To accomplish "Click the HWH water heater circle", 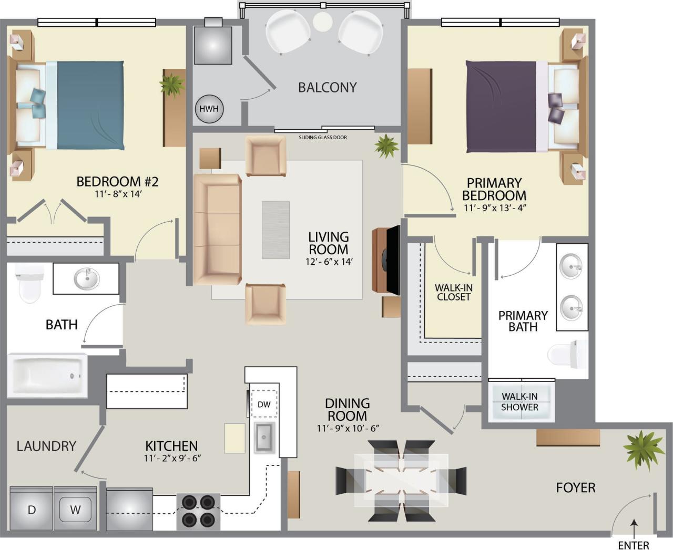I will coord(210,110).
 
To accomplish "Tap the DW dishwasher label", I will coord(264,404).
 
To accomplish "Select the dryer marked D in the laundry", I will coord(32,509).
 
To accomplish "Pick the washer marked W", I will coord(75,509).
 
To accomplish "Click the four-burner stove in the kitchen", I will coord(198,511).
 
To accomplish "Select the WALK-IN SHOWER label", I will coord(519,402).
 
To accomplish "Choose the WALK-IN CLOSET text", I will coord(453,292).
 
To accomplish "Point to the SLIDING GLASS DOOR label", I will coord(323,138).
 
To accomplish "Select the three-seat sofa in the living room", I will coord(217,230).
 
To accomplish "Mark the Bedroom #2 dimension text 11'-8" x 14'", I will coord(117,194).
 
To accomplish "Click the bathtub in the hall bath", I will coord(47,375).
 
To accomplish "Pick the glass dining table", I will coord(401,480).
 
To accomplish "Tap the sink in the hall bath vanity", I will coord(86,278).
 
